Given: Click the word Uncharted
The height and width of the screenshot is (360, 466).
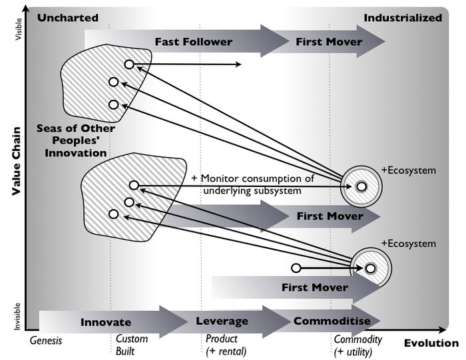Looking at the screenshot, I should point(68,18).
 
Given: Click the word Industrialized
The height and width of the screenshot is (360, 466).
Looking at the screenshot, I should point(402,18).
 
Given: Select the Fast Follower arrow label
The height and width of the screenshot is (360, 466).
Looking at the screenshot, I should point(194,42).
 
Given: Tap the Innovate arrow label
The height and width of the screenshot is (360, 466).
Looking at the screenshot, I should point(106,322).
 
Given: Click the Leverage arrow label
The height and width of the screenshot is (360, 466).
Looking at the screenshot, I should point(222,321).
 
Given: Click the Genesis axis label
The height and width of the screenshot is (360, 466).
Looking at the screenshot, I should point(46,341).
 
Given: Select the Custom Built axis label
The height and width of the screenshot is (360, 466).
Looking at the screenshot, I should point(132,345).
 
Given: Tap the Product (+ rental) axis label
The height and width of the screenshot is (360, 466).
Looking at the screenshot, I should point(226,345).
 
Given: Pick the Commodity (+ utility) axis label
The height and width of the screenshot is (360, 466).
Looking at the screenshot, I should point(357,345).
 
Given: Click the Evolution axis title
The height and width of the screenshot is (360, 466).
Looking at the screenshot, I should point(431,343).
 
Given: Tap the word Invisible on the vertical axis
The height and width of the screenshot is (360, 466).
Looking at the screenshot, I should point(17,313).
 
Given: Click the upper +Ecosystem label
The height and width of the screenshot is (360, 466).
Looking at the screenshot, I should point(408,170).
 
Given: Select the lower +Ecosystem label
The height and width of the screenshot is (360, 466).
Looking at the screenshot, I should point(408,244).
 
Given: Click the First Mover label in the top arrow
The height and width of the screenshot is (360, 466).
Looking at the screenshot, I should point(329,42).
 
